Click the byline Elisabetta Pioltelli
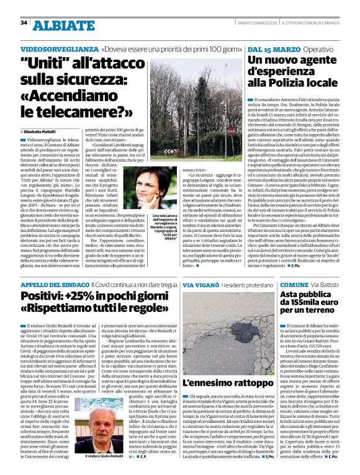coord(41,131)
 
